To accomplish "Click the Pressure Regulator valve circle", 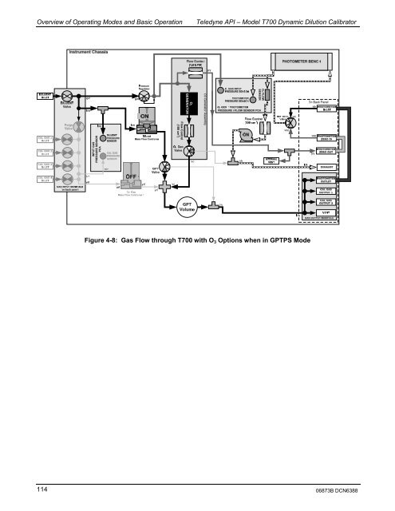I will pos(144,97).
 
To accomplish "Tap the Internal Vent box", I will pos(271,160).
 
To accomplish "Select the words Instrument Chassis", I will pos(88,50).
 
